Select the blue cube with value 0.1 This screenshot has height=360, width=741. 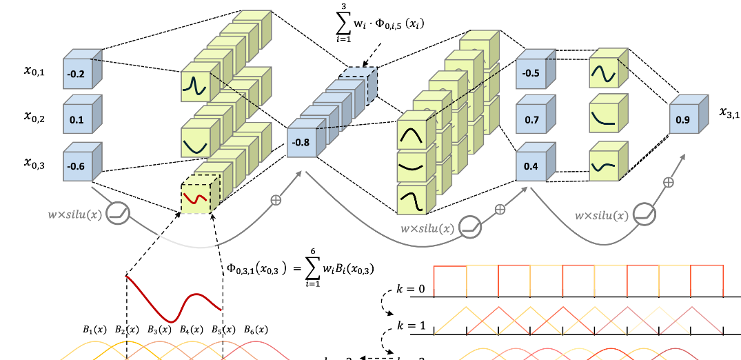coord(77,120)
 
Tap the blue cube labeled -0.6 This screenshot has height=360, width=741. coord(77,166)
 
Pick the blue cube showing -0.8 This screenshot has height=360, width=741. coord(301,143)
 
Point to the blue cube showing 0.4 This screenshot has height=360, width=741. coord(531,166)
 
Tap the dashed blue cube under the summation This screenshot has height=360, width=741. coord(356,86)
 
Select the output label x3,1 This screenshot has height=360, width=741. coord(727,112)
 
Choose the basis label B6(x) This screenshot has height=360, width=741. coord(255,330)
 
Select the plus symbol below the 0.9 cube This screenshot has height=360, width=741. coord(668,182)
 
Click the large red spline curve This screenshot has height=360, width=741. coord(172,300)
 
